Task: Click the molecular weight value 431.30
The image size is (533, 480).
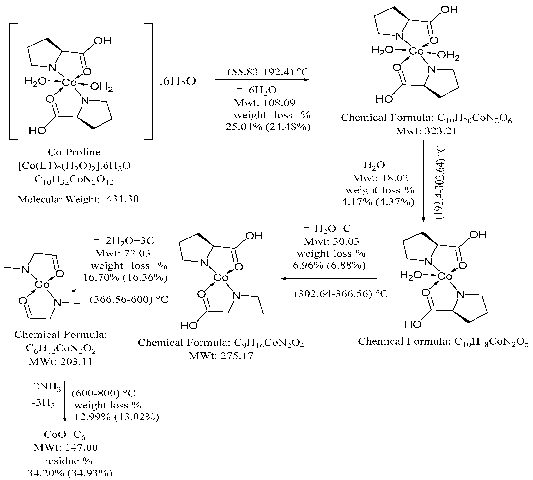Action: click(122, 199)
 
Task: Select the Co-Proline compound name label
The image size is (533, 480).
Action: click(74, 152)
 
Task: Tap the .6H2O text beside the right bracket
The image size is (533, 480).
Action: click(178, 81)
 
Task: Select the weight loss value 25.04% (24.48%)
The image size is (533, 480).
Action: click(268, 127)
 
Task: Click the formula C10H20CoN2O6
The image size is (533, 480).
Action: click(475, 118)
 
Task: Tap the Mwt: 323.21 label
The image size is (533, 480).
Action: click(426, 131)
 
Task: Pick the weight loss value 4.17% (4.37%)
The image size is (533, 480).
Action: click(378, 202)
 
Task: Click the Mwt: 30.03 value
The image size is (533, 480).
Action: click(331, 241)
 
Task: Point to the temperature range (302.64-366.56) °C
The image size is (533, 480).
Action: click(341, 294)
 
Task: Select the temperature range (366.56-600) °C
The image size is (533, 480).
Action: click(129, 300)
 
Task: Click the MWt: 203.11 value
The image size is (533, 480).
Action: click(61, 361)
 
